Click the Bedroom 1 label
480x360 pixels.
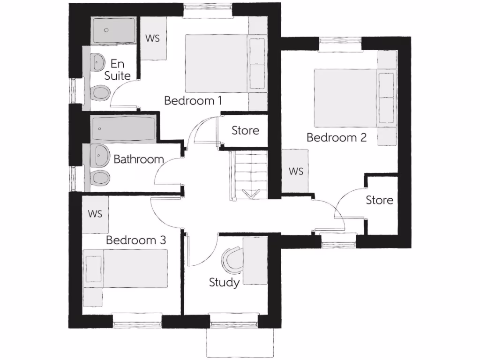193,100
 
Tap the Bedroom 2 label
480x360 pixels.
336,137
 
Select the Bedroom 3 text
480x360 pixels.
136,240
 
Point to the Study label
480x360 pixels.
225,282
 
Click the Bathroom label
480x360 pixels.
139,159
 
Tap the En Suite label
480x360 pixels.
117,69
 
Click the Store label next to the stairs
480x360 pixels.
245,130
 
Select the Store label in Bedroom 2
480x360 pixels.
379,200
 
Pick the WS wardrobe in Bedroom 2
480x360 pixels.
296,171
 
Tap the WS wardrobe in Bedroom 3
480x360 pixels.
95,214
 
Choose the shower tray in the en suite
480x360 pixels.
113,30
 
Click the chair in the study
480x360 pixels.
232,259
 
